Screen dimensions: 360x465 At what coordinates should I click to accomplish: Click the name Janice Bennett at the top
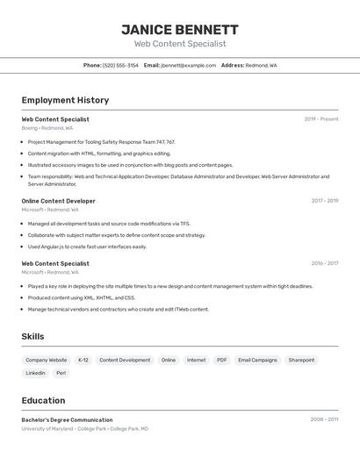[x=179, y=30]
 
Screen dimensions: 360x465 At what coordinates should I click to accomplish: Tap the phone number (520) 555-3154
[x=120, y=65]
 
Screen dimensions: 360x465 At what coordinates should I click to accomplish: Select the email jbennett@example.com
[x=188, y=65]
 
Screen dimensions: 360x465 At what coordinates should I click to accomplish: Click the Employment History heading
[x=65, y=100]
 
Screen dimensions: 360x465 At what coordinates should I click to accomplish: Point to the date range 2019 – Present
[x=320, y=119]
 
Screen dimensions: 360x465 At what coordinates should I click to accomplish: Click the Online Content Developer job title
[x=58, y=201]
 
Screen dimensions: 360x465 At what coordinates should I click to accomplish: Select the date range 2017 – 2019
[x=324, y=201]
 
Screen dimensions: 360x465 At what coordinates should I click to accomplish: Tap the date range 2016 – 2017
[x=324, y=263]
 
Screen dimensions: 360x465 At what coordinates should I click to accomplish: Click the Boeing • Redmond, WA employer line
[x=47, y=128]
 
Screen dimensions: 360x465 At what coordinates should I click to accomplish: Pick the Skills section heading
[x=32, y=336]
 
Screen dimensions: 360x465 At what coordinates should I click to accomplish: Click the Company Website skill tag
[x=46, y=360]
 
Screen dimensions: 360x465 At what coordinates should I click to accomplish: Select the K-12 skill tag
[x=83, y=360]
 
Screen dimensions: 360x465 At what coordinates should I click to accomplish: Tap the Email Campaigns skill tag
[x=257, y=360]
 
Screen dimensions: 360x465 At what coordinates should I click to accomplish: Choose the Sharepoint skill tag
[x=301, y=360]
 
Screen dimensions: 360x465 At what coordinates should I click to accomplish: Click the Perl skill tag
[x=61, y=373]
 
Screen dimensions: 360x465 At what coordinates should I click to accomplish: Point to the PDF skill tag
[x=221, y=360]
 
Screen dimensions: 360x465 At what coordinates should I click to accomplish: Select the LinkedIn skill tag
[x=35, y=373]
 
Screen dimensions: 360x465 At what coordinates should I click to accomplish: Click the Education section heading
[x=43, y=400]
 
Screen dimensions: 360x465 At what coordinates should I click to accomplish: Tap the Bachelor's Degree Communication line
[x=67, y=420]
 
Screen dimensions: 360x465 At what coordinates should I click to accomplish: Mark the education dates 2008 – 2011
[x=324, y=420]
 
